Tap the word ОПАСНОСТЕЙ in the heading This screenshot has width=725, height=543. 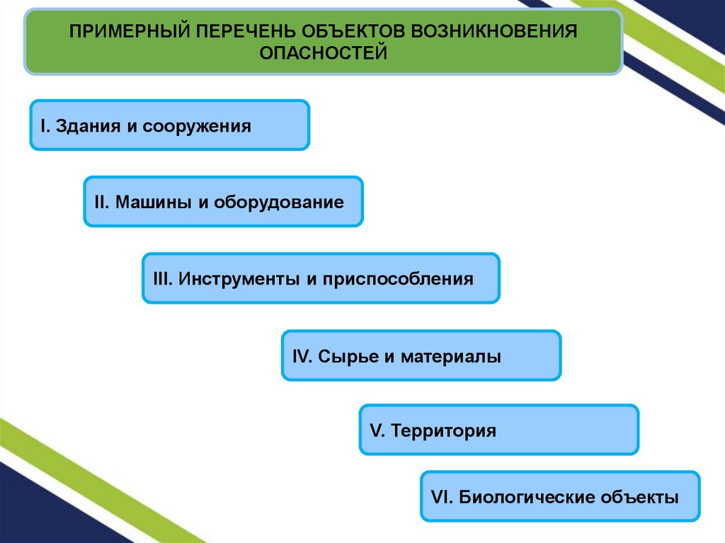323,52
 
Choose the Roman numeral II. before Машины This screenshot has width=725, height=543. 101,202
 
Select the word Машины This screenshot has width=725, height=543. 153,202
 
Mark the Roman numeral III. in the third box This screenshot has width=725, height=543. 162,279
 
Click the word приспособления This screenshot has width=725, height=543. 399,279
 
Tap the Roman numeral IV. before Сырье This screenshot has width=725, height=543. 302,356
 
